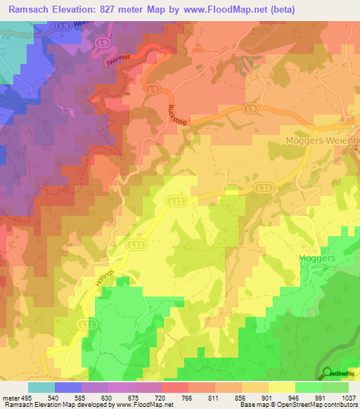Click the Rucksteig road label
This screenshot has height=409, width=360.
(x=176, y=108)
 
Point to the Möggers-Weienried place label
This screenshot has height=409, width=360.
(x=323, y=141)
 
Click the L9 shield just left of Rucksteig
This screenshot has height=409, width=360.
(x=152, y=89)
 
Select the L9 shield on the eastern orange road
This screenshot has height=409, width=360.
(x=251, y=108)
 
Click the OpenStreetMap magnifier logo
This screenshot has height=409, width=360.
(x=328, y=372)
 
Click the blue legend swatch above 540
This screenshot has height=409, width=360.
(x=68, y=387)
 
